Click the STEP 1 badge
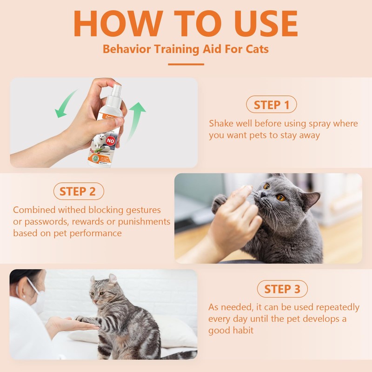tap(271, 105)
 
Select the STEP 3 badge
tap(282, 289)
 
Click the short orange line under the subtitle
tap(186, 64)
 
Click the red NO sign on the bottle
tap(111, 139)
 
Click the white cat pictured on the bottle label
tap(99, 141)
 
